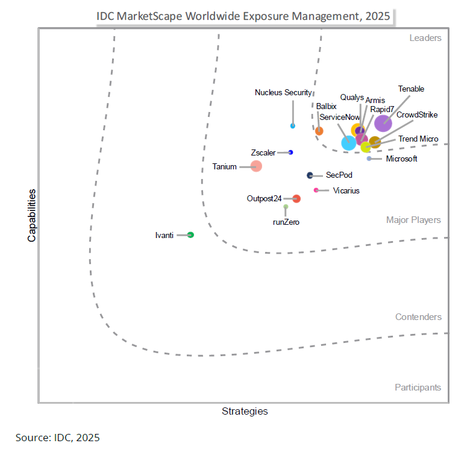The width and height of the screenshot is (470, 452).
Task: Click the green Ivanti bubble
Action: tap(190, 235)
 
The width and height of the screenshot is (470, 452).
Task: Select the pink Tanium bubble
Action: tap(256, 166)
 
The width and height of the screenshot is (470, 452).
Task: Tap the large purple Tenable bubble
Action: tap(383, 123)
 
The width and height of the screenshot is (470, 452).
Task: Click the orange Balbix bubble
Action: tap(319, 131)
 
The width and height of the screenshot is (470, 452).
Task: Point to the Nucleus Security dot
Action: tap(293, 125)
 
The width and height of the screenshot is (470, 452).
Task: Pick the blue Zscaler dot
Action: tap(290, 152)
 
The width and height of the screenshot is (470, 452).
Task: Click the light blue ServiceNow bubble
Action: tap(348, 143)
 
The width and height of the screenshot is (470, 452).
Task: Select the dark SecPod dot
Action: tap(310, 175)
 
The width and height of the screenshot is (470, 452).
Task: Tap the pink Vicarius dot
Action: tap(316, 190)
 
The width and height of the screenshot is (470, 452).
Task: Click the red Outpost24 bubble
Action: tap(296, 198)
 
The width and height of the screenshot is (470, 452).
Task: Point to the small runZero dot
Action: tap(286, 207)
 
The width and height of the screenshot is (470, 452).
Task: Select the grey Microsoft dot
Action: tap(369, 159)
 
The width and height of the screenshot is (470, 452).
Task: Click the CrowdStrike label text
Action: tap(417, 115)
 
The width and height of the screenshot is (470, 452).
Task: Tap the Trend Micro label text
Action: tap(418, 139)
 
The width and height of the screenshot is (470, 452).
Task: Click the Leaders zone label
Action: tap(425, 38)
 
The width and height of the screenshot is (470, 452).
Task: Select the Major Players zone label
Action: tap(413, 220)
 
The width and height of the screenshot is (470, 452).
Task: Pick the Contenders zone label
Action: tap(418, 317)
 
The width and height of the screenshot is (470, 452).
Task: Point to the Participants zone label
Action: tap(418, 388)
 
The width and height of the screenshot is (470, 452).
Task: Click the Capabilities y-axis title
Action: tap(31, 215)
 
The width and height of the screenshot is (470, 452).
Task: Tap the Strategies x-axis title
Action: tap(245, 411)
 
